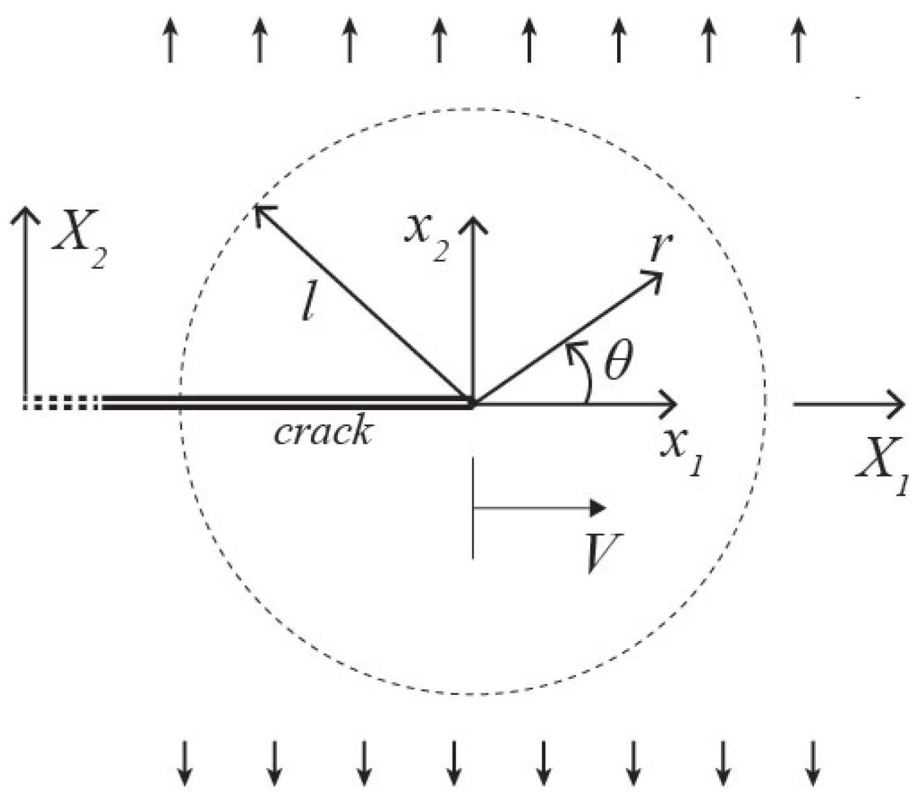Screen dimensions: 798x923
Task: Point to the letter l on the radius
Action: click(310, 307)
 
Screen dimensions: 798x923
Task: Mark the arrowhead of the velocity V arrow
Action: click(597, 508)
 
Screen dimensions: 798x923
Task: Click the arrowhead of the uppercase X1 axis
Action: click(897, 403)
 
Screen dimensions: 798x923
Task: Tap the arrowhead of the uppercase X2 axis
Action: click(25, 214)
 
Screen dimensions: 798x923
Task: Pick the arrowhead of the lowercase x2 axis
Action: click(472, 223)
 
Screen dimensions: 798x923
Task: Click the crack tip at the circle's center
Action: click(472, 403)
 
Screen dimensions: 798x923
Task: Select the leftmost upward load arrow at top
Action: click(170, 40)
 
